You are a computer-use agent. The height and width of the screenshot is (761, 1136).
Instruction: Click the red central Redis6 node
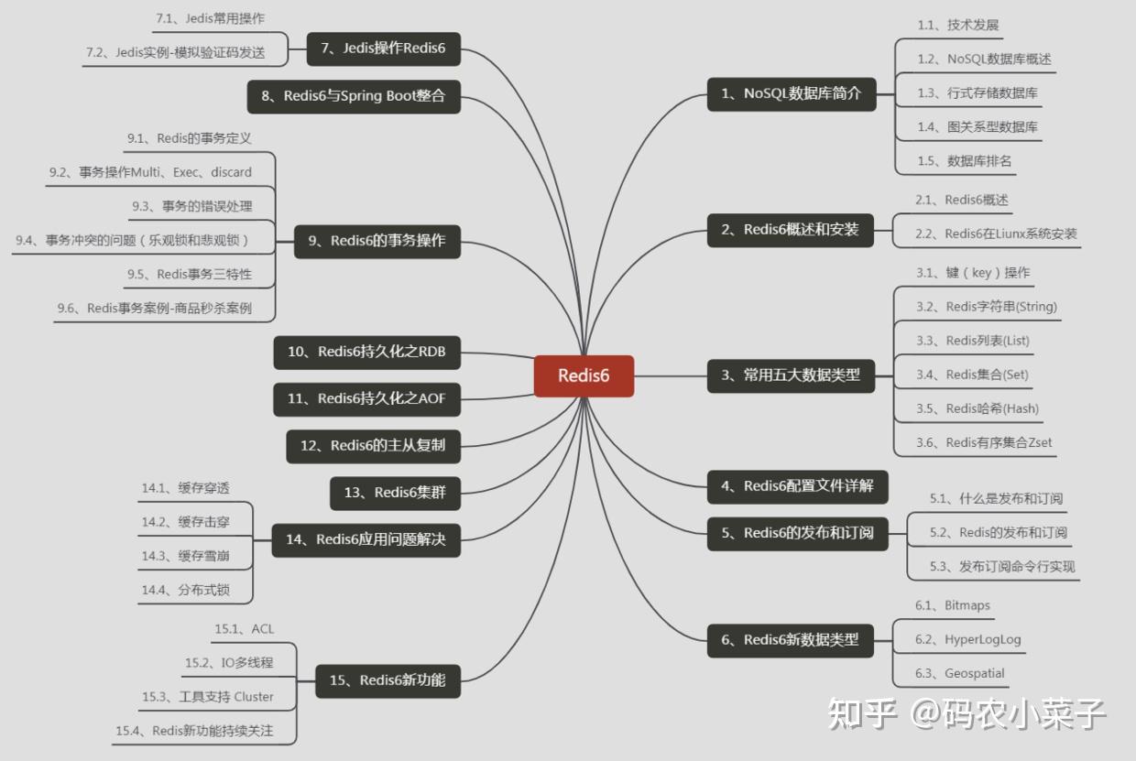(584, 375)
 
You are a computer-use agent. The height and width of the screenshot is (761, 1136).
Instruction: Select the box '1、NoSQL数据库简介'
(791, 93)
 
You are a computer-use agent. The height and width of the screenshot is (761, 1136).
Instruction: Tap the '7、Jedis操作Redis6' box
(382, 49)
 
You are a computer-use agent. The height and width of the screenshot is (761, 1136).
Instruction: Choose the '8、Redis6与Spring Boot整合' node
(354, 96)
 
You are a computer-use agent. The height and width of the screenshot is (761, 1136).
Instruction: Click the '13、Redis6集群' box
(394, 493)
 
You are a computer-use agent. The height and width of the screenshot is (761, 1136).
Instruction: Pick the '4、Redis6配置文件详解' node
(797, 486)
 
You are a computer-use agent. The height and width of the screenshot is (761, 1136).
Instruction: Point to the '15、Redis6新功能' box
(388, 679)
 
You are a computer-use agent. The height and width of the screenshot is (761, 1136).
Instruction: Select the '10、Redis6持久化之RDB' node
(366, 351)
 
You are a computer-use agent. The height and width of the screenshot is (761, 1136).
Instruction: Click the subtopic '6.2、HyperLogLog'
(967, 639)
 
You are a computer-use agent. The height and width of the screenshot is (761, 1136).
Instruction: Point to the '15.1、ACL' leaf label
(244, 629)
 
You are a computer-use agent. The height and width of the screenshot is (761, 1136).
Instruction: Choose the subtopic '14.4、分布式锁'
(185, 590)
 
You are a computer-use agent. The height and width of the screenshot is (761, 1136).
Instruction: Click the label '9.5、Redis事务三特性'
(189, 274)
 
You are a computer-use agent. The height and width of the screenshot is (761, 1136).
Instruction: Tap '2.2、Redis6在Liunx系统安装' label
(996, 234)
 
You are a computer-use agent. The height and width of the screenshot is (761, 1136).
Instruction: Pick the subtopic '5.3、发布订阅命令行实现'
(1001, 567)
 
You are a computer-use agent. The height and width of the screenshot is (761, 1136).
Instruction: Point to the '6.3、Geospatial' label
(959, 673)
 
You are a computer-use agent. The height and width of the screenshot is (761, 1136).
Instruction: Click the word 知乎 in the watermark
(862, 713)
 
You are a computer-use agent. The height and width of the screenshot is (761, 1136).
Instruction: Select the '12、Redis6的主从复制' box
(373, 446)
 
